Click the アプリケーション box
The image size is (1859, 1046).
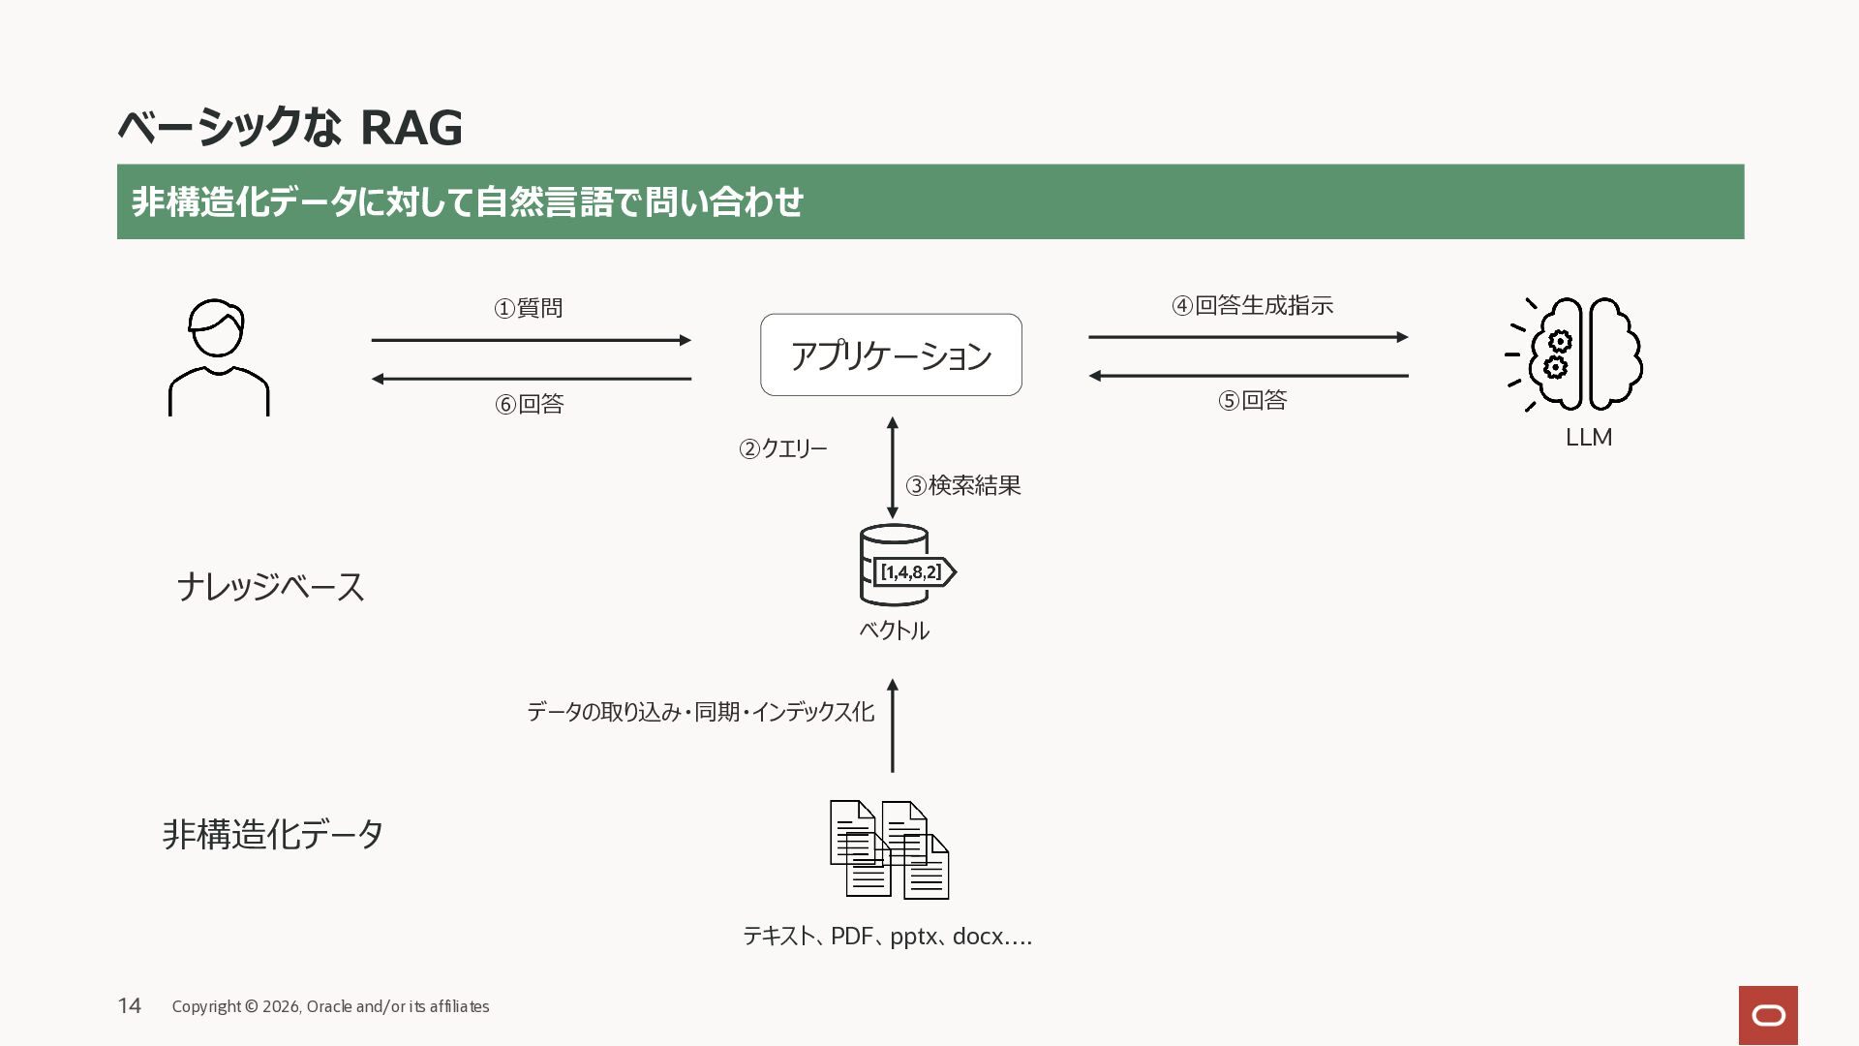pos(891,354)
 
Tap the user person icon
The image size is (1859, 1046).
pos(219,357)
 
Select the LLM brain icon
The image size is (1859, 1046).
pos(1574,354)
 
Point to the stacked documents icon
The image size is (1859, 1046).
pos(889,849)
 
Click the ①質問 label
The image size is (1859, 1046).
pos(529,308)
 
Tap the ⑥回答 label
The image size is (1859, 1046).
pos(530,404)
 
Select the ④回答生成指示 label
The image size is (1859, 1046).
pos(1253,305)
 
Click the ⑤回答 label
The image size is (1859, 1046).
pos(1253,400)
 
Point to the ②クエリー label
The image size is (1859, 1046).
pos(783,448)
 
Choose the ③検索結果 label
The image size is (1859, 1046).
pos(963,485)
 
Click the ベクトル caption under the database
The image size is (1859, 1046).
pos(894,631)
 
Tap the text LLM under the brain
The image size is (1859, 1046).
pos(1589,438)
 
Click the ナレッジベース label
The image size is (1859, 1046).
pos(270,587)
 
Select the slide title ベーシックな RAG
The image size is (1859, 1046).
pos(290,127)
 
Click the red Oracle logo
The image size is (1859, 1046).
pos(1768,1015)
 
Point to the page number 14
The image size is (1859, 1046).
pos(130,1005)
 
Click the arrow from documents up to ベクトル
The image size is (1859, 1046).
pos(893,725)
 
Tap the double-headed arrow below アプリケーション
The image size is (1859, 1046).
pos(893,468)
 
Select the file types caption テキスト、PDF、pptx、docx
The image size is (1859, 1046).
pos(887,937)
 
